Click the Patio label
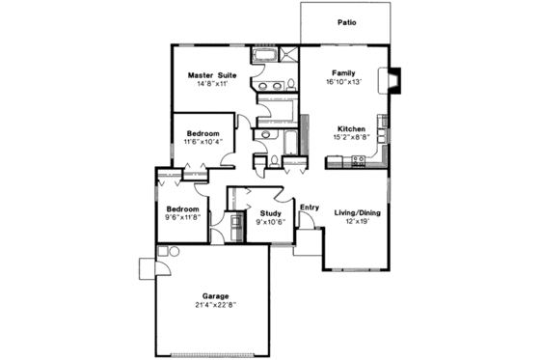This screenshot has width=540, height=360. pos(346,21)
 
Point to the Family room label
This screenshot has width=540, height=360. pos(344,73)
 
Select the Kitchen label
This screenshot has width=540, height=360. pos(350,128)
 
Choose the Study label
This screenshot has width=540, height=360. pos(269,212)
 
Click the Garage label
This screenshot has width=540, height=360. pos(214,296)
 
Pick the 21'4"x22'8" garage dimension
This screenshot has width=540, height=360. pos(214,306)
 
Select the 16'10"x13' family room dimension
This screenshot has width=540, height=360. pos(344,83)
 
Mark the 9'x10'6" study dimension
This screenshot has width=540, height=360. pos(269,222)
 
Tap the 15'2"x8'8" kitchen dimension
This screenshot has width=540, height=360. pos(350,138)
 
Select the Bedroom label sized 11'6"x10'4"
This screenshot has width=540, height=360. pos(202,133)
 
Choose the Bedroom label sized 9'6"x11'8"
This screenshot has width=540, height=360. pos(182,209)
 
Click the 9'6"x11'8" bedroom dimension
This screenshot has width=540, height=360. pos(182,219)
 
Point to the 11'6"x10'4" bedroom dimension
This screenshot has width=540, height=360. pos(202,143)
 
